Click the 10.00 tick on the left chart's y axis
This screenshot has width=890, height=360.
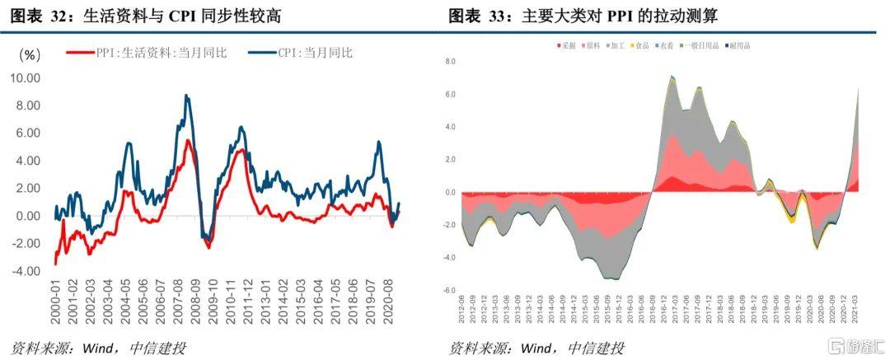25,78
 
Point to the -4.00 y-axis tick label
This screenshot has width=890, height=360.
25,271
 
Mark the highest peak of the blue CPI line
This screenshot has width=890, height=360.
187,96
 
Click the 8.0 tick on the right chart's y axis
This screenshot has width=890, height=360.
451,62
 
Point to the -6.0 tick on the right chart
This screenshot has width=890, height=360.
450,290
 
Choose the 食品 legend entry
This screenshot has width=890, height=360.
638,46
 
